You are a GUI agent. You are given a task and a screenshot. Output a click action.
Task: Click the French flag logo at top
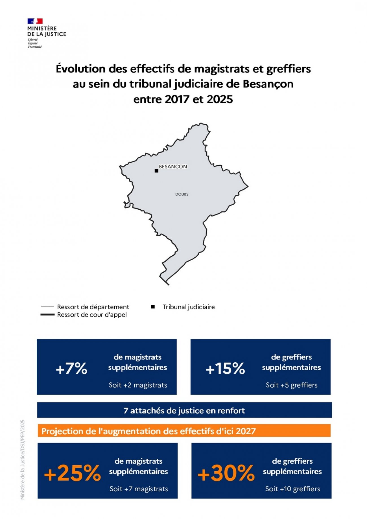[35, 21]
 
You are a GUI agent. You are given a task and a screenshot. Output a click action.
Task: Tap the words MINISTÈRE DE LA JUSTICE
[46, 31]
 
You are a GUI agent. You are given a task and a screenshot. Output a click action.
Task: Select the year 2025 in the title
[220, 99]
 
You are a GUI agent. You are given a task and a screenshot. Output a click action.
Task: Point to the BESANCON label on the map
[173, 167]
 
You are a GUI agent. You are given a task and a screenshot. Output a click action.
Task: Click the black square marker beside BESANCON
[156, 171]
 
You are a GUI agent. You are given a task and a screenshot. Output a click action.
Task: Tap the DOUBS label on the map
[182, 194]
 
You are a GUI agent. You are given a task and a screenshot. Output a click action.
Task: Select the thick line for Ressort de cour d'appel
[47, 315]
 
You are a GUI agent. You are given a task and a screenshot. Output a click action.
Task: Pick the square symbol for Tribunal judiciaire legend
[153, 307]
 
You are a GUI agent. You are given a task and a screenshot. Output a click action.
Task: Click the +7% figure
[72, 369]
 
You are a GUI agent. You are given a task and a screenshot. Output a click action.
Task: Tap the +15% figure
[225, 369]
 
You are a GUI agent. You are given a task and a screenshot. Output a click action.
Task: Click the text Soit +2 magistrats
[138, 385]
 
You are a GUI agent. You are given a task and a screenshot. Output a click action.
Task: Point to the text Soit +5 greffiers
[292, 385]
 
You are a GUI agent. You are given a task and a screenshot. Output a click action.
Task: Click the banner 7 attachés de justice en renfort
[184, 411]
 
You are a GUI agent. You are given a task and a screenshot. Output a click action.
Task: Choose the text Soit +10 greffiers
[292, 489]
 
